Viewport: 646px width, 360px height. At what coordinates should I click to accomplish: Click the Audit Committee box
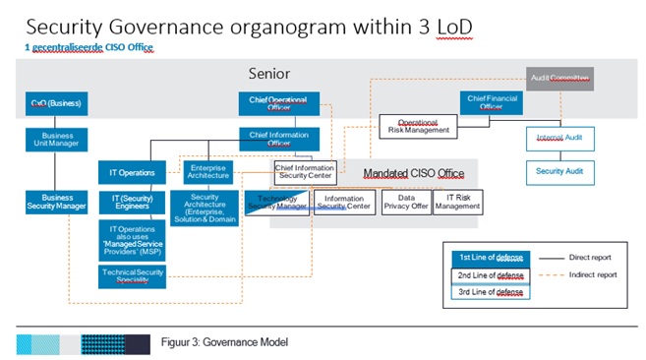point(560,77)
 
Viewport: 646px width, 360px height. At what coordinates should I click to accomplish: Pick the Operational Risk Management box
point(417,125)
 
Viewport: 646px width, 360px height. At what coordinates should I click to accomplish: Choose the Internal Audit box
point(559,139)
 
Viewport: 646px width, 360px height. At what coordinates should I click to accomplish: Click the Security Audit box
point(559,171)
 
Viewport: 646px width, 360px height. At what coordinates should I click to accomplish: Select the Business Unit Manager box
point(57,139)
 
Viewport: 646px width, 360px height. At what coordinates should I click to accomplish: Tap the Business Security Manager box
point(57,202)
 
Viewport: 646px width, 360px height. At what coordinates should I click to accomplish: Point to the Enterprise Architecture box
point(209,173)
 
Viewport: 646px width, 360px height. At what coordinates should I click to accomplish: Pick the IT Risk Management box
point(458,202)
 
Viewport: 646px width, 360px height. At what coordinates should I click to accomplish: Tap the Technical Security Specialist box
point(132,275)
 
